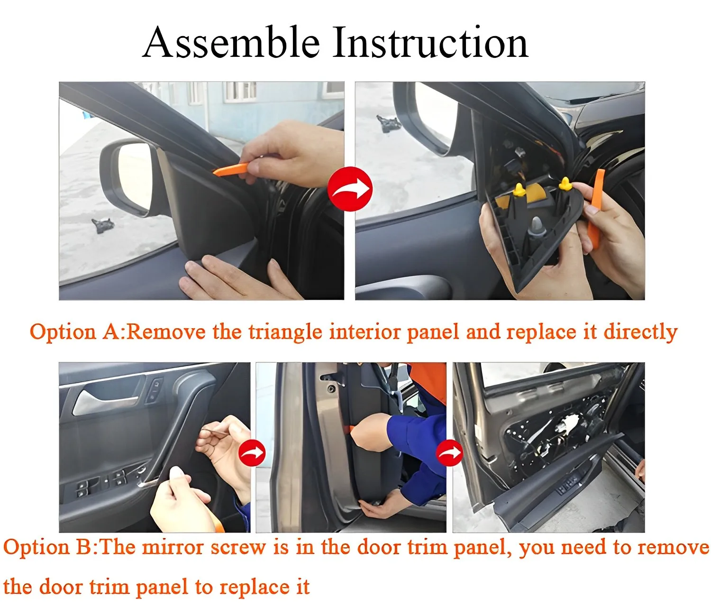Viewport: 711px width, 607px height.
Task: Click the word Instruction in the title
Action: [429, 43]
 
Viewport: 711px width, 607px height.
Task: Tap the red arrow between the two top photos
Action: [350, 189]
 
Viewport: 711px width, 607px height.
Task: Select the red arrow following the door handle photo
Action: [252, 453]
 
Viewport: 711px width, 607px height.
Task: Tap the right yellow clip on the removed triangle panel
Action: [565, 184]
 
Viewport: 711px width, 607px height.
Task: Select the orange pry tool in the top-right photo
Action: [596, 209]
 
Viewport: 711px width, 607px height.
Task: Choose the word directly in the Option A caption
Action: [640, 331]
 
